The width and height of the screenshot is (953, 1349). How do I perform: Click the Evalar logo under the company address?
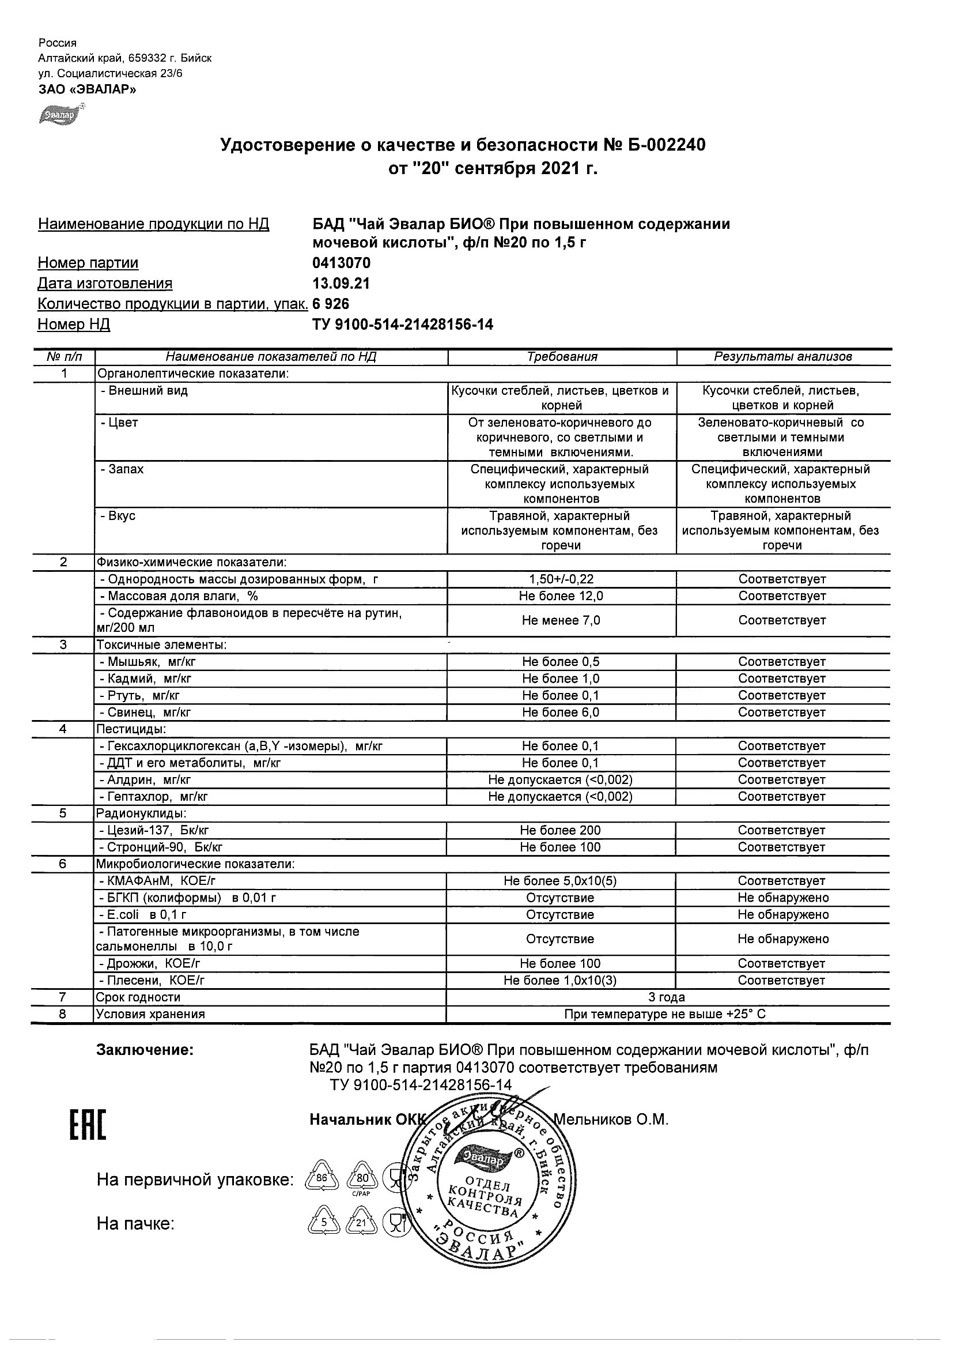click(60, 114)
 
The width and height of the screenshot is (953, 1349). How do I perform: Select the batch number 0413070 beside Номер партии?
click(341, 263)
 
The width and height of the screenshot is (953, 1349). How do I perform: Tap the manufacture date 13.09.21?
click(341, 283)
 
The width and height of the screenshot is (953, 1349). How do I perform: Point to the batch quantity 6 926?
click(331, 304)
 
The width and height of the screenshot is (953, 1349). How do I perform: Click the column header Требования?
click(561, 357)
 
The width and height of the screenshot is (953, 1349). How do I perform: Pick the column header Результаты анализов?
click(782, 357)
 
